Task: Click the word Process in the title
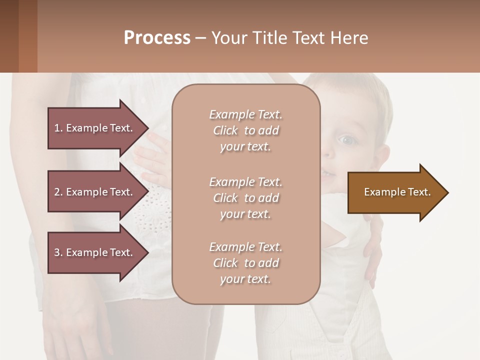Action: coord(157,37)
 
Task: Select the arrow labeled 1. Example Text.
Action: coord(95,128)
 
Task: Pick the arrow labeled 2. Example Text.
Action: coord(95,192)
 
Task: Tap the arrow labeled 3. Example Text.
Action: coord(95,252)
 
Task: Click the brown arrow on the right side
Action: coord(395,192)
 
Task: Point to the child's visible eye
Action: coord(348,140)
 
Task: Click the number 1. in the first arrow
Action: coord(58,128)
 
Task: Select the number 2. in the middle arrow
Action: coord(58,192)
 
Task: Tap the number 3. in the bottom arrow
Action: coord(58,252)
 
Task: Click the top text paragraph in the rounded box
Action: coord(245,130)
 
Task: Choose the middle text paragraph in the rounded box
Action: coord(245,198)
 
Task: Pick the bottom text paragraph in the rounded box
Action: coord(245,263)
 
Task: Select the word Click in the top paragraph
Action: coord(225,130)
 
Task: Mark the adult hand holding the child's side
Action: coord(373,250)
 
